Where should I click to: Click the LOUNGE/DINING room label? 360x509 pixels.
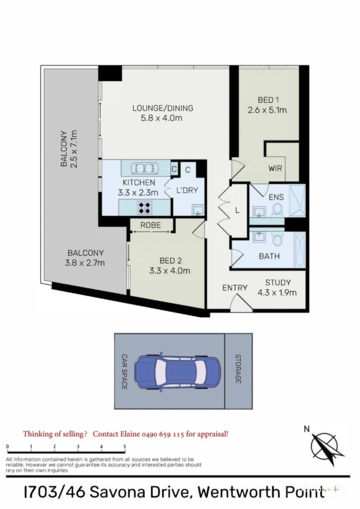[163, 108]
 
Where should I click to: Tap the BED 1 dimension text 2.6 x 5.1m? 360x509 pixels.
[267, 110]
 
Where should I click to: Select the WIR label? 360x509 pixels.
[275, 169]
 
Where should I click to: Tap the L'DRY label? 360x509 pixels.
[187, 190]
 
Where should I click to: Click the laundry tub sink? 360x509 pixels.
[198, 210]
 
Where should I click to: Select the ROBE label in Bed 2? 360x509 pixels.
[151, 225]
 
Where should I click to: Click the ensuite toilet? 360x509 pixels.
[277, 209]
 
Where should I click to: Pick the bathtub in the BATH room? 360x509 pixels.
[300, 250]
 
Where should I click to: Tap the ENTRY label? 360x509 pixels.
[235, 288]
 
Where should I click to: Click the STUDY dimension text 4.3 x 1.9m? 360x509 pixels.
[277, 293]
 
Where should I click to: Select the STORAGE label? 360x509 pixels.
[238, 369]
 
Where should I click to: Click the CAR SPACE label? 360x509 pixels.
[124, 372]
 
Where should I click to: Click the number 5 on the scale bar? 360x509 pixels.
[125, 446]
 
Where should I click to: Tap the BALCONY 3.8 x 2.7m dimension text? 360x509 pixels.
[85, 262]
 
